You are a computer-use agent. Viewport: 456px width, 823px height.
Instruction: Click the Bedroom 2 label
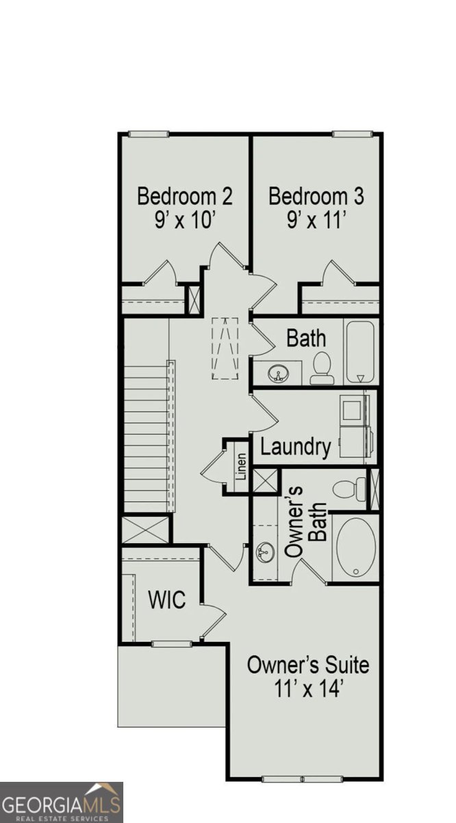pos(185,196)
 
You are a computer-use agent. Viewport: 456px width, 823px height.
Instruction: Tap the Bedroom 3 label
pos(316,196)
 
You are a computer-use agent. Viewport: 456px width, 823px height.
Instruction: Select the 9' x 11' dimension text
pos(316,220)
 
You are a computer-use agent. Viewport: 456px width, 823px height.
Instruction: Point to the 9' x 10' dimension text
pos(185,220)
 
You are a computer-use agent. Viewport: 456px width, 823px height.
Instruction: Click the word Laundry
pos(296,448)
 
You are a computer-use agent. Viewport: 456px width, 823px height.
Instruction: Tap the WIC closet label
pos(166,600)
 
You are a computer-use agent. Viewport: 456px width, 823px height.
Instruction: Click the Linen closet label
pos(241,466)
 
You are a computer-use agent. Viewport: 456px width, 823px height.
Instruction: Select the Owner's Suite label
pos(307,665)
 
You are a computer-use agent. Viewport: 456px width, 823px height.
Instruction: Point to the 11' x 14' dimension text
pos(307,689)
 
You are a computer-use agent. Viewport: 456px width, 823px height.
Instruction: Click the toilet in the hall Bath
pos(322,368)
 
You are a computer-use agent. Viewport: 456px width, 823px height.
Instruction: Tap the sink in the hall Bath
pos(278,374)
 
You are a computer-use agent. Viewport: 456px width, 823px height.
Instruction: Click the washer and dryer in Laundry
pos(357,426)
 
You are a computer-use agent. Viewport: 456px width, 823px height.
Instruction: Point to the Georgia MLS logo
pos(62,802)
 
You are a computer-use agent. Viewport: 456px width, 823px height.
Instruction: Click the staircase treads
pos(146,439)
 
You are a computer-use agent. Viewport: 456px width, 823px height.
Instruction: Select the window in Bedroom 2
pos(149,134)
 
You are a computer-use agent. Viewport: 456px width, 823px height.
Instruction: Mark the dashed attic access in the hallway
pos(223,348)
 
